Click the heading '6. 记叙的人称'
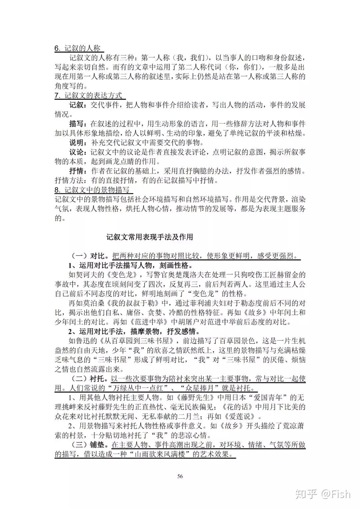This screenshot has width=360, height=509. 77,48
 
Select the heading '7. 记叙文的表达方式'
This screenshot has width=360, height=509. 89,96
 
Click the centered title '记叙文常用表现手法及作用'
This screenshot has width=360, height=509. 150,237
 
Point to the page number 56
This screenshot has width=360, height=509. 180,476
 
